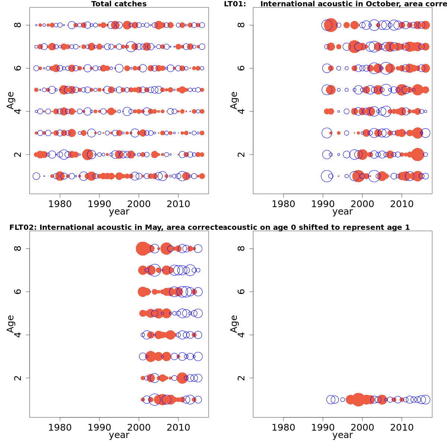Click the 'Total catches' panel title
pyautogui.click(x=119, y=4)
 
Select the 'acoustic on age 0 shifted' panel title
pyautogui.click(x=316, y=228)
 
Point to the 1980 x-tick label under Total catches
pyautogui.click(x=60, y=204)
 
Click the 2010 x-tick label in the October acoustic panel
pyautogui.click(x=402, y=204)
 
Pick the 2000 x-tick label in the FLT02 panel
pyautogui.click(x=139, y=428)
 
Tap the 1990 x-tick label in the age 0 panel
pyautogui.click(x=323, y=428)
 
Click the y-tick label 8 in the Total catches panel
pyautogui.click(x=18, y=25)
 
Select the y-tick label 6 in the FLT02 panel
pyautogui.click(x=18, y=292)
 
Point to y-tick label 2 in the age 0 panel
pyautogui.click(x=241, y=378)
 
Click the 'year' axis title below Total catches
pyautogui.click(x=119, y=212)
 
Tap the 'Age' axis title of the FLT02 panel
pyautogui.click(x=10, y=324)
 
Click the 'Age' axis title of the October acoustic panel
pyautogui.click(x=234, y=100)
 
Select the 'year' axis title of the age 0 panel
pyautogui.click(x=342, y=435)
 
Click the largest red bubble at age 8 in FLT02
pyautogui.click(x=143, y=248)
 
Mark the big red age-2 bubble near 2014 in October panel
pyautogui.click(x=418, y=154)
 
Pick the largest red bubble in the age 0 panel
pyautogui.click(x=358, y=400)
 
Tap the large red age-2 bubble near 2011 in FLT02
pyautogui.click(x=182, y=378)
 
